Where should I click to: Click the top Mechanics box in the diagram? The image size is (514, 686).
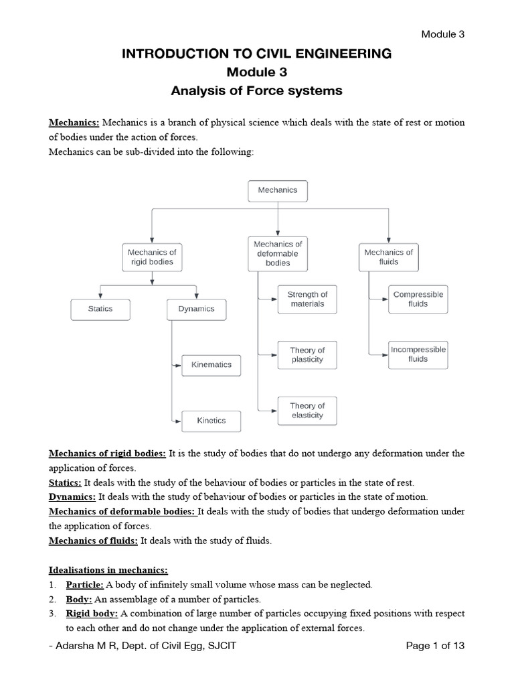(x=278, y=190)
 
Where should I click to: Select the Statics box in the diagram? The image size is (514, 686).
(x=100, y=309)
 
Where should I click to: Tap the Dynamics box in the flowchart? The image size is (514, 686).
(x=196, y=309)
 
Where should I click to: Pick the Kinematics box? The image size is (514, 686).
(x=211, y=365)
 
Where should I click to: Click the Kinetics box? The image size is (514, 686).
(x=211, y=421)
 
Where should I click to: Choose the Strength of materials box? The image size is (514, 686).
(x=307, y=299)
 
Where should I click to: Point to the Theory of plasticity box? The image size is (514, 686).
(x=307, y=355)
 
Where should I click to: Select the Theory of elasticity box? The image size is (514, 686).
(x=307, y=411)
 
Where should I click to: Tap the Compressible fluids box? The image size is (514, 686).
(x=418, y=299)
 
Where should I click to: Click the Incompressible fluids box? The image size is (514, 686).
(x=418, y=354)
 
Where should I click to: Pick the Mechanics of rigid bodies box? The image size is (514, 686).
(x=152, y=257)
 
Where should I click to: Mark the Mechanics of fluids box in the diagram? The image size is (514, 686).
(x=388, y=257)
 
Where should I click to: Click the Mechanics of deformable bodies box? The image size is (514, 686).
(x=278, y=254)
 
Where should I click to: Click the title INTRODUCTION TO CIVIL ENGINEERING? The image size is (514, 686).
(x=256, y=54)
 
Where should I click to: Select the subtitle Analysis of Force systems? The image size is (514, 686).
(x=256, y=90)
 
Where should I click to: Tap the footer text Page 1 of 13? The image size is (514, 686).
(x=435, y=646)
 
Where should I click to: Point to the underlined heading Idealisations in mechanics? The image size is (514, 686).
(x=108, y=570)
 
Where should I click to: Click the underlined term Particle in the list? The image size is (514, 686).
(x=84, y=585)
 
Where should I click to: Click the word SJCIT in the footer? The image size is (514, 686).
(x=221, y=646)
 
